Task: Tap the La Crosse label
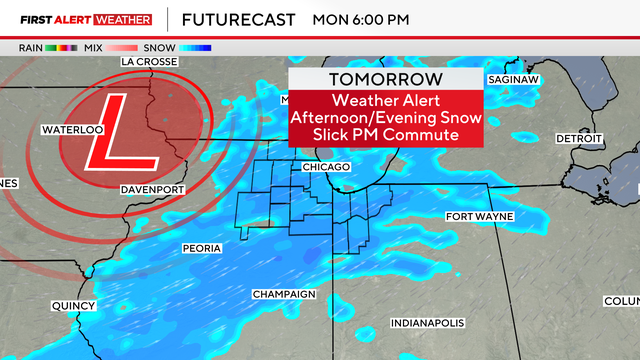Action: [149, 61]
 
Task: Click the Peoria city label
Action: [202, 246]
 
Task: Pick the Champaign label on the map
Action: [283, 294]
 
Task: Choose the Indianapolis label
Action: [427, 323]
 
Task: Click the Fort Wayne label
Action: [477, 217]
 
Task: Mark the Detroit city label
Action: [579, 137]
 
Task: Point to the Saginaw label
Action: [514, 79]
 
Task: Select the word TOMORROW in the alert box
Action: [386, 80]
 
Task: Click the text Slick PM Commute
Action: [386, 135]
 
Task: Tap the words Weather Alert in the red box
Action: [386, 100]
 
